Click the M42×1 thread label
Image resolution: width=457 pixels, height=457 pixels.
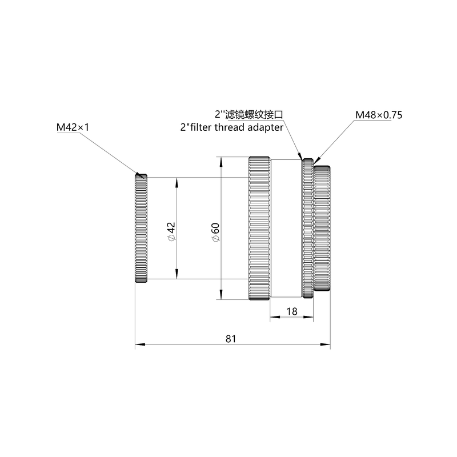tap(73, 127)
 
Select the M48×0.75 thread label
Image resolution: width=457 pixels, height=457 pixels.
tap(379, 115)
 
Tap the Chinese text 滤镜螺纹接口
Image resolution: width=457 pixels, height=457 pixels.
tap(254, 114)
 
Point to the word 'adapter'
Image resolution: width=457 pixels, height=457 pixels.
tap(265, 127)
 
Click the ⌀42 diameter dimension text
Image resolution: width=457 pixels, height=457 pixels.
tap(171, 232)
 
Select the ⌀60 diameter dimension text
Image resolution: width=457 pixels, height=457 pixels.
tap(216, 232)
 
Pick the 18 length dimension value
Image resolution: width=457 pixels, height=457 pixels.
tap(292, 311)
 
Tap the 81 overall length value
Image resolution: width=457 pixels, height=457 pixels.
tap(231, 339)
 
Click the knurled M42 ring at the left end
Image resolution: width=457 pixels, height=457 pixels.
tap(141, 228)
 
